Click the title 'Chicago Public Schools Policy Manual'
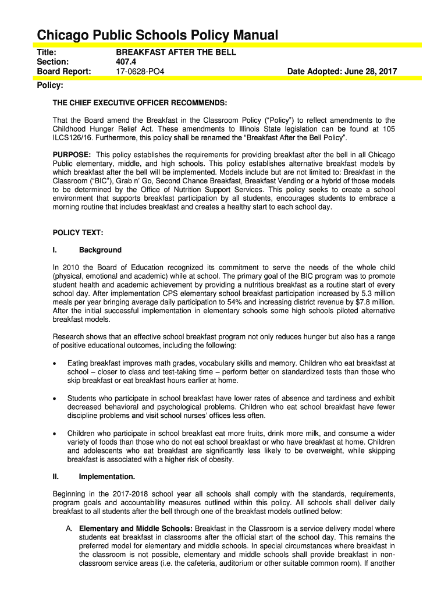(x=157, y=36)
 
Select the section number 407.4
(x=127, y=62)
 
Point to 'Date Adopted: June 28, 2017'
(x=342, y=72)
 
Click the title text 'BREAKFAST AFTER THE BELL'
(x=176, y=52)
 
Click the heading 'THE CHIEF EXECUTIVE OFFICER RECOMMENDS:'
(x=140, y=103)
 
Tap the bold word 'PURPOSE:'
(x=72, y=154)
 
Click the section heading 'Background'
(x=100, y=250)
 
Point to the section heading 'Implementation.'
(x=107, y=477)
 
